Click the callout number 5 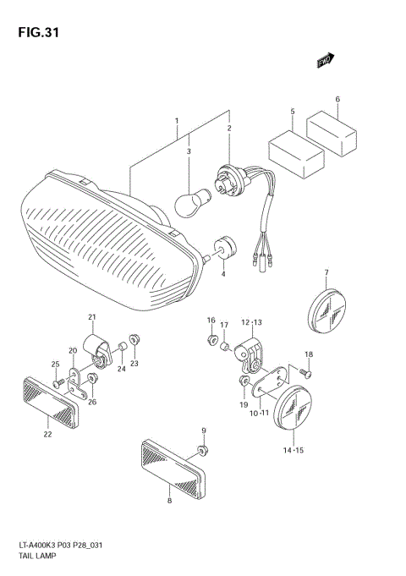point(293,112)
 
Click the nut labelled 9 point(202,448)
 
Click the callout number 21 point(91,317)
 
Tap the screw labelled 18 point(308,371)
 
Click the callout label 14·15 point(293,451)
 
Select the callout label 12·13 point(252,322)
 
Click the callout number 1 point(177,121)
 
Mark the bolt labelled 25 point(57,383)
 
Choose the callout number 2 point(228,128)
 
